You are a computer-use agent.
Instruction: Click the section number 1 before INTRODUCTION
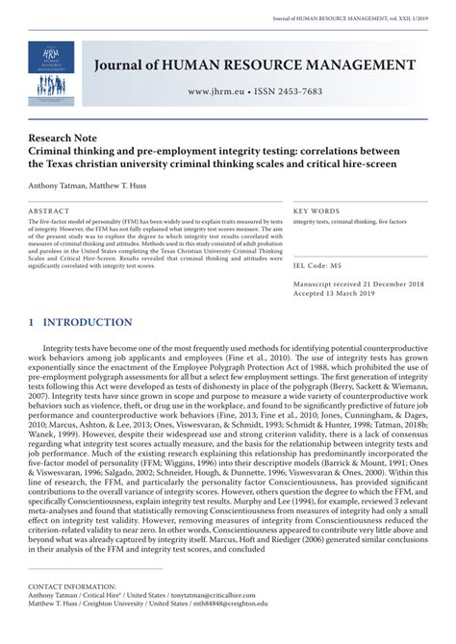point(31,322)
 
